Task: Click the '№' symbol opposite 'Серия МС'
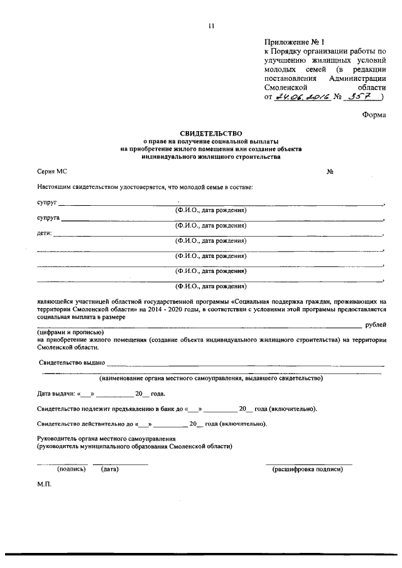[x=329, y=171]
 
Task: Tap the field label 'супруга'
[x=48, y=218]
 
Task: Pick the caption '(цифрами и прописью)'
[x=70, y=332]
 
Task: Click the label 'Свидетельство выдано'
[x=72, y=363]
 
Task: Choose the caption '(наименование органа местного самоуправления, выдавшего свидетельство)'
[x=210, y=378]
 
